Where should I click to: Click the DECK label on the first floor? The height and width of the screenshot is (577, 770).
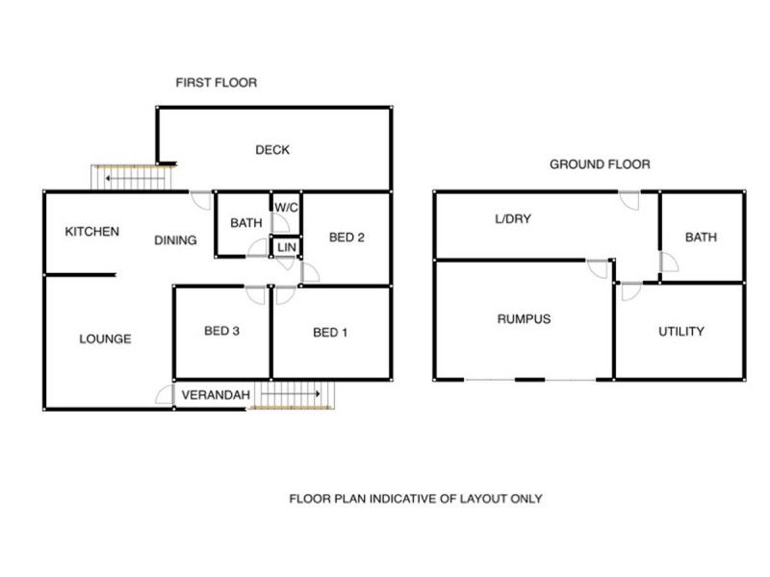[272, 150]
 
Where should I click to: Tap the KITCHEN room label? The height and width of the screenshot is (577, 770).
[92, 232]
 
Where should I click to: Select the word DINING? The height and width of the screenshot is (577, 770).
[175, 240]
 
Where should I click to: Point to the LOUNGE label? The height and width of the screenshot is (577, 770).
[105, 339]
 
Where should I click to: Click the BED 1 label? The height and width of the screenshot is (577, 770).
[330, 333]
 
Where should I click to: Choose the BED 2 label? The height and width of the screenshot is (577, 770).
[346, 238]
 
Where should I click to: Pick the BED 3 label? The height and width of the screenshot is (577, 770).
[222, 331]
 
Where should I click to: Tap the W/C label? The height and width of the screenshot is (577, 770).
[286, 208]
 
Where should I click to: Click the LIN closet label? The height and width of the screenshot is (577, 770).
[287, 247]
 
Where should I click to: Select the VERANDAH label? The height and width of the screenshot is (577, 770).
[216, 395]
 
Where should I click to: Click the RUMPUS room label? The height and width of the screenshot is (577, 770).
[524, 319]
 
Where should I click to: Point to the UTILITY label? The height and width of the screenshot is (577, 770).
[681, 332]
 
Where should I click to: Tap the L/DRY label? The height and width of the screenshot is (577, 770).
[513, 219]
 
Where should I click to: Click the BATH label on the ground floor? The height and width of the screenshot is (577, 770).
[701, 238]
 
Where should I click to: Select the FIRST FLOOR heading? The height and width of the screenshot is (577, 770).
[217, 83]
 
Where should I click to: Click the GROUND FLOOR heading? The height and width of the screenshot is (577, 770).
[600, 164]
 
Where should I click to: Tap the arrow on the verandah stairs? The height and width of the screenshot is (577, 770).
[291, 393]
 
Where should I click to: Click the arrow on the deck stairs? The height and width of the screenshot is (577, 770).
[135, 179]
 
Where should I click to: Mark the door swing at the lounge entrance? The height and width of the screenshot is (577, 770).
[165, 394]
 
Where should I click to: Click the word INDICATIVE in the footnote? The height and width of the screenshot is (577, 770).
[402, 499]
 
